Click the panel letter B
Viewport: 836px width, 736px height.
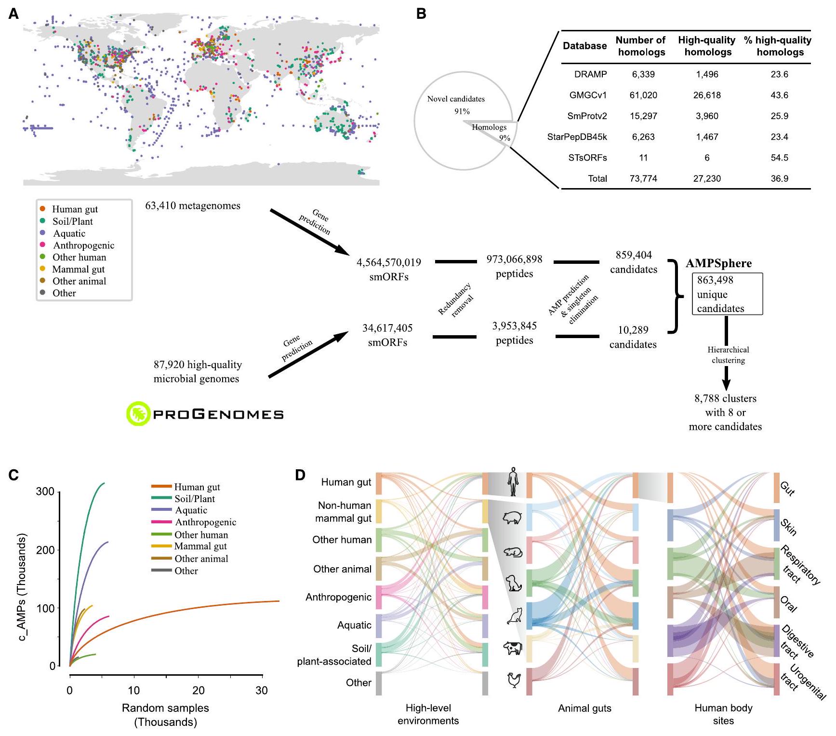421,14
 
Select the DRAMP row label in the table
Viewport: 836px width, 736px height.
590,74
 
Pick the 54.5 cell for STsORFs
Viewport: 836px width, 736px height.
779,158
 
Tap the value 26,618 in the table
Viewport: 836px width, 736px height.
707,95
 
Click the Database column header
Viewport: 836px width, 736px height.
584,46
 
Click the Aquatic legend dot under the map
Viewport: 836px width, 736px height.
42,233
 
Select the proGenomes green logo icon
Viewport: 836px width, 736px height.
138,414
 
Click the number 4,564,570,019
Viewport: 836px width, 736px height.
388,262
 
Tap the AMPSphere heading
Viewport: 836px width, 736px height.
718,263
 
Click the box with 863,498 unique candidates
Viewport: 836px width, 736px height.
727,294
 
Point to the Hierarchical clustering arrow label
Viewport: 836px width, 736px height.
728,355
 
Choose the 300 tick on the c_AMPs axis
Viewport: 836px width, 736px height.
45,491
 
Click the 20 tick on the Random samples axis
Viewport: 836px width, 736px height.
198,690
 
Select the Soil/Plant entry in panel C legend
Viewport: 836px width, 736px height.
194,499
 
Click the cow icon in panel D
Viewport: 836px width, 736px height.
513,648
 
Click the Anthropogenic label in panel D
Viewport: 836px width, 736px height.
338,597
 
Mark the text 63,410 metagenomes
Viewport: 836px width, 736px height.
193,206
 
